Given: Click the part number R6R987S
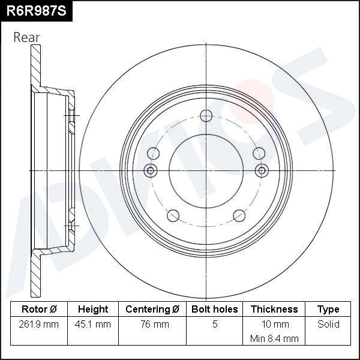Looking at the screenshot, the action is pyautogui.click(x=36, y=11).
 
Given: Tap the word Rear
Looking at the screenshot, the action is pyautogui.click(x=26, y=37).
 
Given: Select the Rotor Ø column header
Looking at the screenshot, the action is pyautogui.click(x=39, y=309).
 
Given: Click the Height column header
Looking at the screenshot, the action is pyautogui.click(x=93, y=309).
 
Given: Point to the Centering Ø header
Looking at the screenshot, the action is pyautogui.click(x=152, y=309).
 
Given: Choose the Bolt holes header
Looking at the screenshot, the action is pyautogui.click(x=214, y=309).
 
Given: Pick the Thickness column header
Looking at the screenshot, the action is pyautogui.click(x=274, y=309).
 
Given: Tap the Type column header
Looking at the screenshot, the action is pyautogui.click(x=328, y=310).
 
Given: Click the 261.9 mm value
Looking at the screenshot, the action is pyautogui.click(x=39, y=324).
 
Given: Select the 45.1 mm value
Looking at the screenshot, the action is pyautogui.click(x=93, y=324).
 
